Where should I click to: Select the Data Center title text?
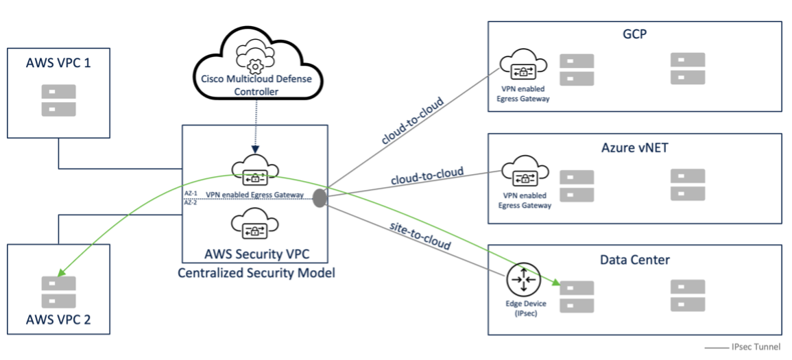[635, 260]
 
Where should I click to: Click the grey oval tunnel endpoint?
[320, 197]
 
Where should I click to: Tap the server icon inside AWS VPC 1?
[58, 100]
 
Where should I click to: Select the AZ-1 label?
[190, 192]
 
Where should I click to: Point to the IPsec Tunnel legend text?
[756, 348]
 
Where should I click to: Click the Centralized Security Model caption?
[256, 273]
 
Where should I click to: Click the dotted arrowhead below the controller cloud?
[256, 149]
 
